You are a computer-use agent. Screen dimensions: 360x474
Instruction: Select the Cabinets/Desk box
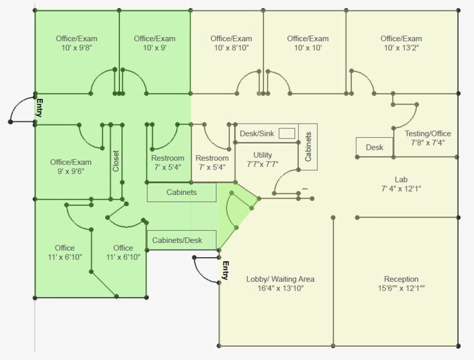click(182, 240)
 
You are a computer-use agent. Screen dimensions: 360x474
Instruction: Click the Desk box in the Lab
click(374, 147)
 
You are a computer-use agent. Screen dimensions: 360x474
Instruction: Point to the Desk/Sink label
click(255, 133)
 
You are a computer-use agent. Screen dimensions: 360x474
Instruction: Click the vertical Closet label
click(116, 161)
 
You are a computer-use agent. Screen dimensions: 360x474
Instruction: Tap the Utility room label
click(263, 155)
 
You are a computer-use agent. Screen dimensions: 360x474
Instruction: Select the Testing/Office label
click(427, 134)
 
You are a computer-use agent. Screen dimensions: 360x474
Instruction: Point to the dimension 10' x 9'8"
click(76, 47)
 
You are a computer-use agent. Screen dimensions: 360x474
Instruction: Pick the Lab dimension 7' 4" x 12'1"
click(401, 188)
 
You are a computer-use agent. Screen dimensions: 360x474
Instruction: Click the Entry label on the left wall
click(40, 108)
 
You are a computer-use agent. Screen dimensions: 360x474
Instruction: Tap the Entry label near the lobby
click(225, 271)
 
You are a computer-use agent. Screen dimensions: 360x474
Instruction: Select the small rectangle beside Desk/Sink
click(287, 133)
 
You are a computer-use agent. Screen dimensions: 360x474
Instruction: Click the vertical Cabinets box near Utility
click(308, 148)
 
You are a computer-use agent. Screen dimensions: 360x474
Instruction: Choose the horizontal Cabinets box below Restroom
click(182, 192)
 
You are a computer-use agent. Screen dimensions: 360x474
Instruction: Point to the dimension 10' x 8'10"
click(231, 47)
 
